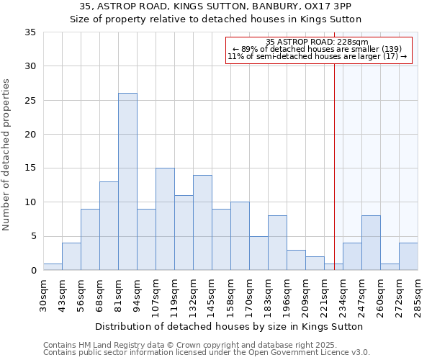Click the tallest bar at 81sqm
(x=127, y=181)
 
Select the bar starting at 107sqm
(x=165, y=219)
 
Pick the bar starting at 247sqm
(x=371, y=243)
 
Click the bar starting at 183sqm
(x=277, y=243)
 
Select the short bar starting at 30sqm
(x=53, y=267)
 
